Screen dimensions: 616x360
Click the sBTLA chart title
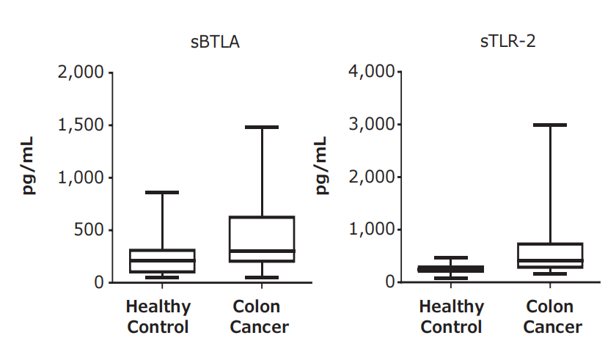click(x=215, y=42)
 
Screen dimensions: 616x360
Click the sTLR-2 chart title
click(x=507, y=41)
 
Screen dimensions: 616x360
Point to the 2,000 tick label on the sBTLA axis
click(x=81, y=73)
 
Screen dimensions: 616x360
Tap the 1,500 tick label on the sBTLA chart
click(x=81, y=125)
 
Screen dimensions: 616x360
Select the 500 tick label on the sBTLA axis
click(x=89, y=229)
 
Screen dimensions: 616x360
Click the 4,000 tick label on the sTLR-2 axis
click(x=372, y=72)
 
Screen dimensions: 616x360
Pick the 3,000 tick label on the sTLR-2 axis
click(x=372, y=125)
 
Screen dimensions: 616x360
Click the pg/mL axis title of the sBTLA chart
click(x=28, y=165)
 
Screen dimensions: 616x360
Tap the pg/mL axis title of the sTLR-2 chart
click(x=321, y=165)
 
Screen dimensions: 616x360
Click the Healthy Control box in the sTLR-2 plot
click(x=450, y=269)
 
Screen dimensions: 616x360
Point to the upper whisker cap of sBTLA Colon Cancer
click(x=262, y=127)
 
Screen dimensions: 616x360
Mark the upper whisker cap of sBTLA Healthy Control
click(x=162, y=192)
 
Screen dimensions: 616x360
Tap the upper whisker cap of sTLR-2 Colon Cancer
click(x=550, y=125)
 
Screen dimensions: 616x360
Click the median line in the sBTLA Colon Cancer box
click(x=262, y=251)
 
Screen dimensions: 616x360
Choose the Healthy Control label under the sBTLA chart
click(x=158, y=317)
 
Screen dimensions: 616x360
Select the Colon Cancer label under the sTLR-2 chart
click(x=552, y=317)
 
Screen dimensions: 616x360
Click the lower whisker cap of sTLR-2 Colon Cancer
click(x=550, y=273)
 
